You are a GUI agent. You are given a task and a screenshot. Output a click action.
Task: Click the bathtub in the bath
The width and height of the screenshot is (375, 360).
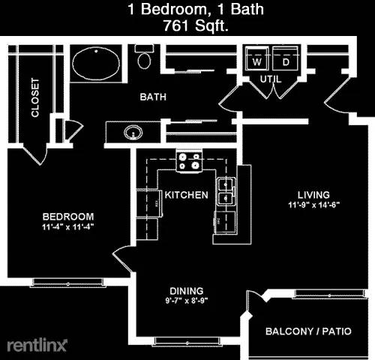[x=96, y=63]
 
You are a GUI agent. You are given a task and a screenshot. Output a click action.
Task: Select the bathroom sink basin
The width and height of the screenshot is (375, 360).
[x=133, y=132]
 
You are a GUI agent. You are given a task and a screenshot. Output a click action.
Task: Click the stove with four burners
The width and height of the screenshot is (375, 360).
[x=189, y=161]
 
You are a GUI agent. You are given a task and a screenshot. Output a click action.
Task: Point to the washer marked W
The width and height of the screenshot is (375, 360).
[x=257, y=59]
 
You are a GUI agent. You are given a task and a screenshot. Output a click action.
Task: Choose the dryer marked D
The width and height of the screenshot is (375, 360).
[x=286, y=59]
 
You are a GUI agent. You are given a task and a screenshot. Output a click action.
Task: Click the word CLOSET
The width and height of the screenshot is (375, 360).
[x=35, y=97]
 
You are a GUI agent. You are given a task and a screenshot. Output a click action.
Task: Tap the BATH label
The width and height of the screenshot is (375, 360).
[x=153, y=97]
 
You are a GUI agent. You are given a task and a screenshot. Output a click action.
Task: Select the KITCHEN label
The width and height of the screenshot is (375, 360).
[x=187, y=195]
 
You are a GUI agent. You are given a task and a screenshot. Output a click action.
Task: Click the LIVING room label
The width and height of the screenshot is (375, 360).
[x=313, y=195]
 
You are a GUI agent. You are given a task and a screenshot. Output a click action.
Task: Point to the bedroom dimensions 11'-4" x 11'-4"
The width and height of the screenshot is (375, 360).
[x=67, y=227]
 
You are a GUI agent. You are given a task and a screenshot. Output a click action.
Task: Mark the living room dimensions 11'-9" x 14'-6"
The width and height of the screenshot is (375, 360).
[x=314, y=205]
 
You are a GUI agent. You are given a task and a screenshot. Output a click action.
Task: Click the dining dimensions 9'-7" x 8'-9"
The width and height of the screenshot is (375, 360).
[x=187, y=301]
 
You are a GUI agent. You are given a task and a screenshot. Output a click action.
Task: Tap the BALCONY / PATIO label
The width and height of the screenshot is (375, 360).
[x=308, y=331]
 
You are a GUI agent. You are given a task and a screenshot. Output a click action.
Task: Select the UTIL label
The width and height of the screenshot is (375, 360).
[x=271, y=79]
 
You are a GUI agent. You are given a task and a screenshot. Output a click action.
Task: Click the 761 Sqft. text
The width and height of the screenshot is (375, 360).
[x=196, y=25]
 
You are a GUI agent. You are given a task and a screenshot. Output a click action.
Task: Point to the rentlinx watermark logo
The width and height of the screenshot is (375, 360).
[x=37, y=345]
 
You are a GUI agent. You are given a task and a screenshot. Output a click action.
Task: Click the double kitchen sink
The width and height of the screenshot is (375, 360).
[x=226, y=191]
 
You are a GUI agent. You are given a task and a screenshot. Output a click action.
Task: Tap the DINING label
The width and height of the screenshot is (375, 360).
[x=187, y=291]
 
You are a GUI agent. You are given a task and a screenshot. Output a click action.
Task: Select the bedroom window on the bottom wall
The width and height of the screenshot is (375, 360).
[x=67, y=283]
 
